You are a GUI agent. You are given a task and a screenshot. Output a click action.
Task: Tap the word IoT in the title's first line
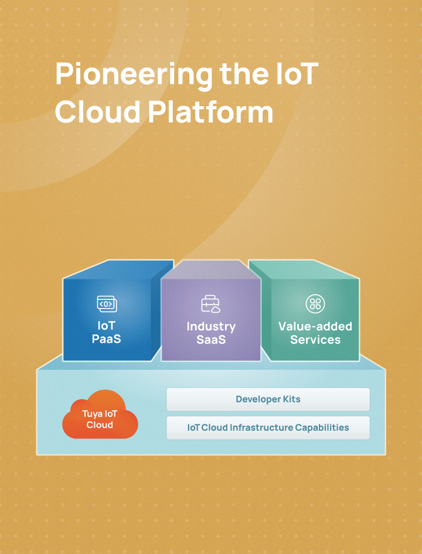297,74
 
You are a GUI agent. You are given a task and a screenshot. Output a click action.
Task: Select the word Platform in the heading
210,113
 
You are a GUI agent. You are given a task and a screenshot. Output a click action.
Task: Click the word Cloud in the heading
98,112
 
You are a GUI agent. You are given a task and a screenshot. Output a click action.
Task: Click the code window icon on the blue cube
107,304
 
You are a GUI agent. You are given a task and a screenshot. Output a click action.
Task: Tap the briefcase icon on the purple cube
210,304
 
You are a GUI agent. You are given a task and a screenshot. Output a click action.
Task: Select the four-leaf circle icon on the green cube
315,304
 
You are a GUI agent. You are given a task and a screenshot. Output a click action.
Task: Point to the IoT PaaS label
106,332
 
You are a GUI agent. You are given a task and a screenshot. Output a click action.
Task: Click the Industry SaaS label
211,333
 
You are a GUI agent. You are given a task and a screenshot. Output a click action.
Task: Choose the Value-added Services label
315,333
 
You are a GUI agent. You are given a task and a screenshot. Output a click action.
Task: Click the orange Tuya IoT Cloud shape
100,415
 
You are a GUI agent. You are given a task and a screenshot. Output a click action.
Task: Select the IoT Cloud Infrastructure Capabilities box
268,427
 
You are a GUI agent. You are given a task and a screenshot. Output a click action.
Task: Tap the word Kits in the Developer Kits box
291,399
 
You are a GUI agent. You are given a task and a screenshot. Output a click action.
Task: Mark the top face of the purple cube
210,269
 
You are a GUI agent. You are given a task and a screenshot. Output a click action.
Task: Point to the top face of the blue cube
118,269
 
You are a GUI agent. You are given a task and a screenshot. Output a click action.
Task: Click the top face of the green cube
304,269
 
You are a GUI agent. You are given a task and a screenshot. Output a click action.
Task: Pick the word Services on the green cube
315,340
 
